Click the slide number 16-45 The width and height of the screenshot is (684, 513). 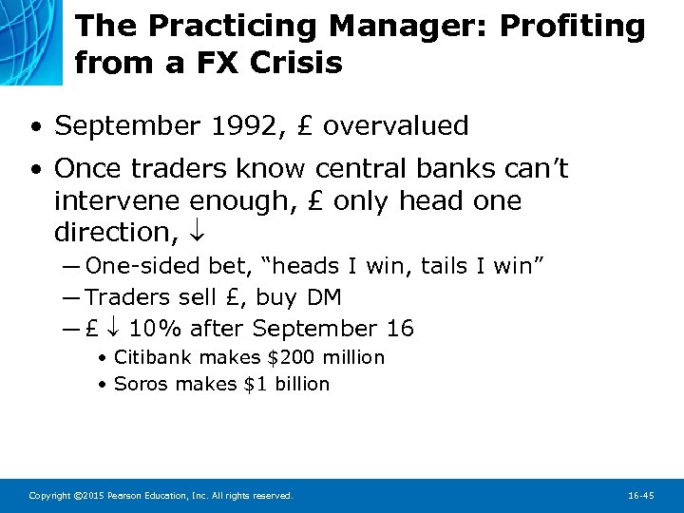tap(641, 496)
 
